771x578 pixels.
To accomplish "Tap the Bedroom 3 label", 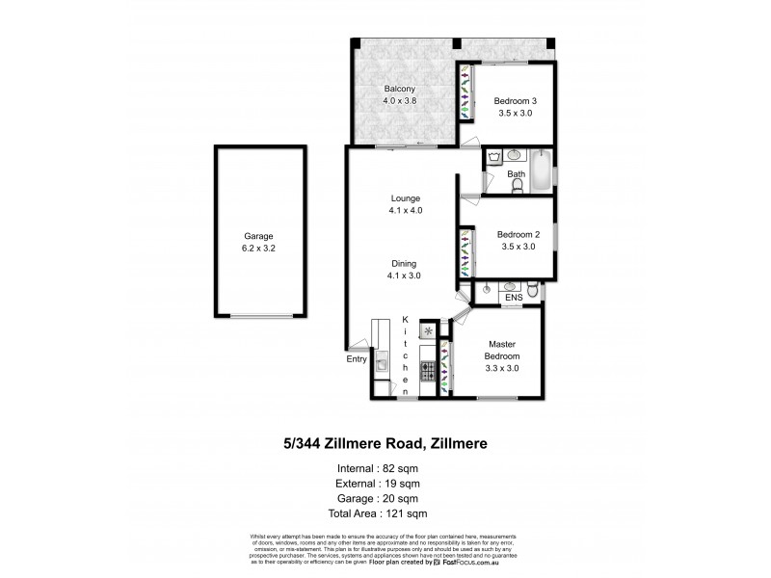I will point(516,100).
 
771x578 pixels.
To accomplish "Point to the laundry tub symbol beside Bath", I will point(492,156).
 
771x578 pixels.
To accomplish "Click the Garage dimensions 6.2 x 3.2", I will point(258,248).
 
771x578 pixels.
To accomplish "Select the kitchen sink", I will point(382,364).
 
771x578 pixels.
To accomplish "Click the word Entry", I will point(358,359).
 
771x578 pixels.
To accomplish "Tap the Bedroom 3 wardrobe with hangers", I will point(464,92).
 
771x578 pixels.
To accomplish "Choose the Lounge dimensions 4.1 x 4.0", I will point(404,210).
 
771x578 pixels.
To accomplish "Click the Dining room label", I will point(404,262).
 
